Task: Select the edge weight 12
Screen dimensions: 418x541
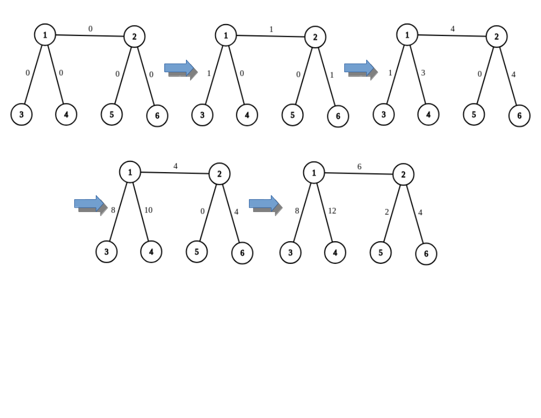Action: pyautogui.click(x=332, y=211)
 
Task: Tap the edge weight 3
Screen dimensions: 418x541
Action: pyautogui.click(x=423, y=73)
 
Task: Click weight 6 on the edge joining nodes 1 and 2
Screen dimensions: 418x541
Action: pyautogui.click(x=360, y=166)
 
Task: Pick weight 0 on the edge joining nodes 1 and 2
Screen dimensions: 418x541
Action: pyautogui.click(x=90, y=29)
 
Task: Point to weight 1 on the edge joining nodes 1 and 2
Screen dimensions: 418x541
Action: pyautogui.click(x=271, y=29)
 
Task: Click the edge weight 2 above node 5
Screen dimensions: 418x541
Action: pyautogui.click(x=387, y=212)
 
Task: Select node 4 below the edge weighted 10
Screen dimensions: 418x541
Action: pyautogui.click(x=151, y=252)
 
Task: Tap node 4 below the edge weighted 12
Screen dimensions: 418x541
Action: pyautogui.click(x=335, y=252)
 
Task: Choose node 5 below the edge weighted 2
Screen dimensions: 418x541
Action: pyautogui.click(x=380, y=253)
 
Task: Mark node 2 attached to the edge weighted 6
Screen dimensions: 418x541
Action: pyautogui.click(x=403, y=175)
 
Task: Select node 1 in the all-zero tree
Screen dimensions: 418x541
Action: pyautogui.click(x=45, y=35)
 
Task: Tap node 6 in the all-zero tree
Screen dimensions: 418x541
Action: pyautogui.click(x=157, y=115)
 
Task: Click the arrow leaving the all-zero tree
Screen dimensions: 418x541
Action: pyautogui.click(x=180, y=68)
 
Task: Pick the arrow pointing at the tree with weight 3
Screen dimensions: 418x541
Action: pyautogui.click(x=360, y=68)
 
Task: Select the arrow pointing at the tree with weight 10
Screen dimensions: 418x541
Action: pyautogui.click(x=90, y=204)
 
